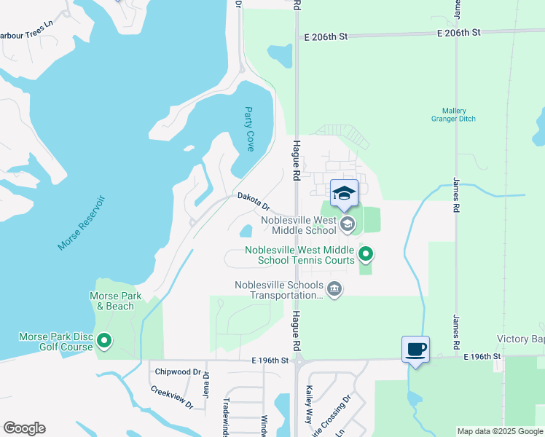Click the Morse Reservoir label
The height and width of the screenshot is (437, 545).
pos(82,223)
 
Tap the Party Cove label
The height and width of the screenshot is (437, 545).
pos(249,129)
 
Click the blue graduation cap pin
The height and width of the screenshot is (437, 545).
pos(344,194)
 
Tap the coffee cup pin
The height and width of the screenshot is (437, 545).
pos(415,350)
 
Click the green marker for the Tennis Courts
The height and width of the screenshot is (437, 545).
pos(366,254)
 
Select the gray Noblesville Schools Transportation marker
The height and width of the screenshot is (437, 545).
pos(334,289)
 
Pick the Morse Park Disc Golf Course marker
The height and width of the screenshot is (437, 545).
pos(104,340)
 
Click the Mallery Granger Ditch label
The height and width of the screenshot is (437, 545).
pos(453,115)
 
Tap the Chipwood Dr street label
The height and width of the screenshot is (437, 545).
pos(178,371)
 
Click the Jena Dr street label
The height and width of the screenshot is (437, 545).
pos(206,385)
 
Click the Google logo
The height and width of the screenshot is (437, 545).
pos(24,428)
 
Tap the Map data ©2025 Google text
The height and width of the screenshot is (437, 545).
pos(499,431)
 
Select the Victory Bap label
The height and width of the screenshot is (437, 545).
pos(520,339)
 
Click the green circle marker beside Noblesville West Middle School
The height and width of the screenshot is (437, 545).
pos(348,224)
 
